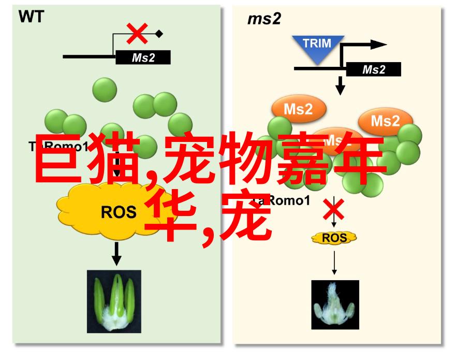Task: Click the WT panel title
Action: coord(31,17)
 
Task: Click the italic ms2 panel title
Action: coord(264,20)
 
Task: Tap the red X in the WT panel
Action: coord(138,34)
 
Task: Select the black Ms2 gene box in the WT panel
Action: coord(143,57)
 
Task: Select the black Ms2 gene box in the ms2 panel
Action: coord(373,69)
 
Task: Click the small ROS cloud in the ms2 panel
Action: coord(334,238)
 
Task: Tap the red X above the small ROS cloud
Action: coord(334,210)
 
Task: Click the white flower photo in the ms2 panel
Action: coord(335,305)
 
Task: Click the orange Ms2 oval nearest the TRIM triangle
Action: coord(298,109)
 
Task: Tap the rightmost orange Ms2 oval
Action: coord(386,121)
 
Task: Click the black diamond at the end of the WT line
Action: coord(159,34)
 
